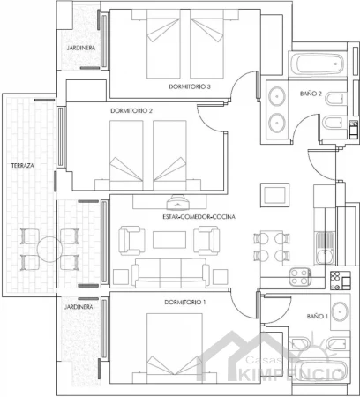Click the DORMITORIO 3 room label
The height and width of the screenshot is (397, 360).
click(190, 86)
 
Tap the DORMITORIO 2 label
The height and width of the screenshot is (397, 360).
click(131, 111)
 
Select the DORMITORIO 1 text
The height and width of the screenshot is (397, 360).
click(185, 303)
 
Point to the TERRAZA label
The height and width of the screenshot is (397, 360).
click(23, 166)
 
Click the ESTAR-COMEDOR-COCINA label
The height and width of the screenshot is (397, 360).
click(199, 217)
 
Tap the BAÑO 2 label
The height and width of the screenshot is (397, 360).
click(311, 94)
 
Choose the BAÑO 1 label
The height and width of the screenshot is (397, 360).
click(318, 317)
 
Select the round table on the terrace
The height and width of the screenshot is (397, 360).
click(49, 250)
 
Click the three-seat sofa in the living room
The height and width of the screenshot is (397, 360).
click(170, 273)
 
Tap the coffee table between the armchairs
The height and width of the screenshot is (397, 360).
click(169, 240)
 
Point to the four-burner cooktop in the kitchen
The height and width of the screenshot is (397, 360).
click(300, 277)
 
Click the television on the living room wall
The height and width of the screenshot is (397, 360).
click(177, 202)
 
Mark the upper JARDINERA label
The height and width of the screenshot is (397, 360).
click(81, 48)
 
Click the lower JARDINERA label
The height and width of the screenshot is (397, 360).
click(79, 307)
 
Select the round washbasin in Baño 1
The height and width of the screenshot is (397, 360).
click(340, 311)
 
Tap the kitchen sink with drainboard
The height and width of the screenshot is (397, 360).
click(325, 248)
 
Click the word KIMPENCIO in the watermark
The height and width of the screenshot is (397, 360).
click(291, 375)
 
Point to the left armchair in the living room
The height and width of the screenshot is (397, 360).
click(131, 241)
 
